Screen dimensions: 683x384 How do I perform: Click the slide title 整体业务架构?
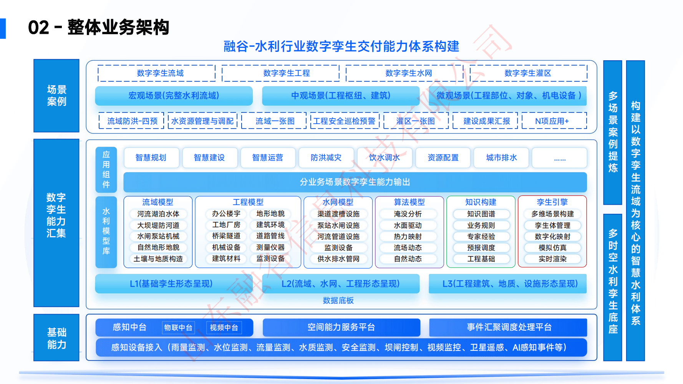[x=118, y=28]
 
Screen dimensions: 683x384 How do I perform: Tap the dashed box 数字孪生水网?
[x=409, y=73]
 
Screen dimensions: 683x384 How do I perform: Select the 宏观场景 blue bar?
[x=174, y=96]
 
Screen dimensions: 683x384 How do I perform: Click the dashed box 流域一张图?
[x=275, y=121]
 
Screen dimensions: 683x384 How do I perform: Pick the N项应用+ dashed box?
[x=552, y=121]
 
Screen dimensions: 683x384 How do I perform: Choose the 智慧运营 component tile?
[x=268, y=158]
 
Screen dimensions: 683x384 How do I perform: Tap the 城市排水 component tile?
[x=501, y=158]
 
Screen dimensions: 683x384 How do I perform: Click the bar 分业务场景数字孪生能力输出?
[x=355, y=182]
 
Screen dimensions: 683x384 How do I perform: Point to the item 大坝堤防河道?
[x=158, y=225]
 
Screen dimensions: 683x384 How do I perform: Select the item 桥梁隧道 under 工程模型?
[x=226, y=236]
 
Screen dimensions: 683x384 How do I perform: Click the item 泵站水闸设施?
[x=338, y=225]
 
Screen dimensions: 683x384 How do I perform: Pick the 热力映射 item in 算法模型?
[x=408, y=237]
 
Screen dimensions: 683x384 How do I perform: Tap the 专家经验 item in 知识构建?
[x=481, y=237]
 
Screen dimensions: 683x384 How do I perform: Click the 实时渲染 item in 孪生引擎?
[x=552, y=259]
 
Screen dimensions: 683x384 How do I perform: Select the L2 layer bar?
[x=340, y=284]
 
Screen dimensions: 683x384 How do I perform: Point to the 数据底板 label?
[x=338, y=300]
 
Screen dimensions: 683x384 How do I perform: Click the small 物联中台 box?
[x=178, y=328]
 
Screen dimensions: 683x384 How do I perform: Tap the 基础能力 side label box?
[x=56, y=338]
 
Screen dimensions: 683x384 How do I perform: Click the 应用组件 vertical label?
[x=106, y=169]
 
